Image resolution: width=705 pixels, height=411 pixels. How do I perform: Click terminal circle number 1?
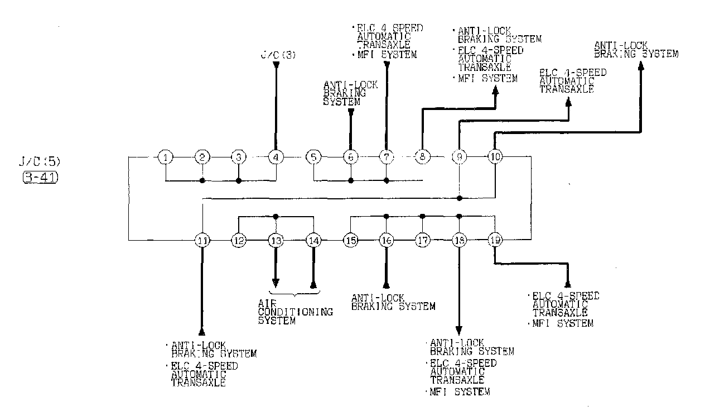tap(165, 157)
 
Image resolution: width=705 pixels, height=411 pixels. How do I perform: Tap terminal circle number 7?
tap(387, 157)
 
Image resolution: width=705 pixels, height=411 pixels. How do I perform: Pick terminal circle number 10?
tap(495, 157)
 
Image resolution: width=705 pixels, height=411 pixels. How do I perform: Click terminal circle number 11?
tap(202, 241)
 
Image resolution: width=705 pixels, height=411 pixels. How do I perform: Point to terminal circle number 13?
tap(276, 241)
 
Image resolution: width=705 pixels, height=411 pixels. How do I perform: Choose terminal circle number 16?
tap(386, 241)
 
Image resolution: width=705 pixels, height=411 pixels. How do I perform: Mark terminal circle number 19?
tap(495, 241)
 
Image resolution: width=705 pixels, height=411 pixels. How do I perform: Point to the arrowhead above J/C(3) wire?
tap(276, 66)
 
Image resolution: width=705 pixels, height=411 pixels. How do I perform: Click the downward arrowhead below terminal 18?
tap(459, 329)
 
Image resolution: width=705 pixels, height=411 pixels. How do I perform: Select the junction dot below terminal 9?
tap(459, 198)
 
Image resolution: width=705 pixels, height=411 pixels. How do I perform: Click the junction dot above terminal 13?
tap(276, 216)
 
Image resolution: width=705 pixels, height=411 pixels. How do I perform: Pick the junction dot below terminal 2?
tap(202, 180)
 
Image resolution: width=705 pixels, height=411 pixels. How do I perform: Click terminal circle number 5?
tap(313, 157)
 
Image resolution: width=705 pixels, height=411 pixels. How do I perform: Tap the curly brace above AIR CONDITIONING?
tap(294, 293)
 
